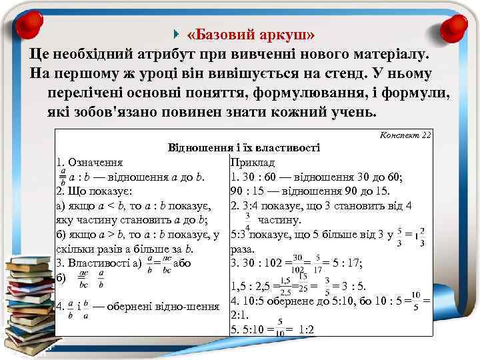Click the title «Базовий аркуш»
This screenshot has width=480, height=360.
tap(252, 34)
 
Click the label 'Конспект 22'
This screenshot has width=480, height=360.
tap(405, 135)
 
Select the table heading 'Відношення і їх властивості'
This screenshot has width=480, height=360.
tap(244, 147)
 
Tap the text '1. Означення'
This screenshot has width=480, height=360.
tap(89, 162)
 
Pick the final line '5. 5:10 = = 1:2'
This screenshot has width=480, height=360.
tap(272, 329)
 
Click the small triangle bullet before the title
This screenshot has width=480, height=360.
tap(175, 33)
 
